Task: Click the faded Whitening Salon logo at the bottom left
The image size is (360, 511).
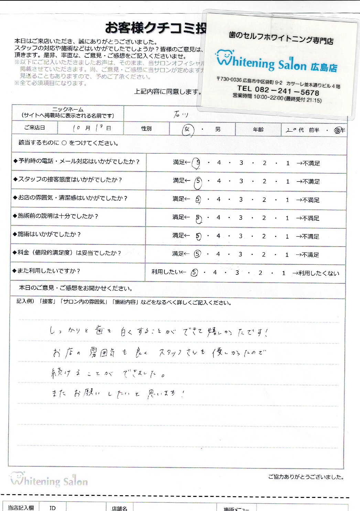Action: click(x=49, y=480)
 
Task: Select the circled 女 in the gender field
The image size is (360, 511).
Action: click(x=187, y=130)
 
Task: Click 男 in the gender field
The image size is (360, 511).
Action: click(x=218, y=129)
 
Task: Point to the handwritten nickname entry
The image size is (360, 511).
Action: click(x=181, y=114)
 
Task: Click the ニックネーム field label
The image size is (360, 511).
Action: click(x=68, y=112)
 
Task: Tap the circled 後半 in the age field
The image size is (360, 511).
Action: click(x=339, y=130)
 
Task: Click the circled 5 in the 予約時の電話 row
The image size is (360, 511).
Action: click(x=197, y=163)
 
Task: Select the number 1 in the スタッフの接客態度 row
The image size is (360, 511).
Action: click(x=287, y=182)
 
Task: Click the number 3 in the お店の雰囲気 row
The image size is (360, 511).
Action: click(x=241, y=199)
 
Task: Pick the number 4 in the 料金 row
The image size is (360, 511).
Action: click(x=218, y=254)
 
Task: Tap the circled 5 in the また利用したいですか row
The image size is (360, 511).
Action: click(x=194, y=273)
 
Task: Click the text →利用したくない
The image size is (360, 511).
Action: click(x=316, y=273)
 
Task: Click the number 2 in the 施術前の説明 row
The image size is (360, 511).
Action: click(x=264, y=218)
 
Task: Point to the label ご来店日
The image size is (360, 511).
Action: click(x=35, y=128)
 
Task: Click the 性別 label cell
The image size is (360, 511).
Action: click(x=146, y=129)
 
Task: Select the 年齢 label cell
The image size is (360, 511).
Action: click(x=258, y=129)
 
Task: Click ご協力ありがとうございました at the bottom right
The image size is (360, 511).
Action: click(x=306, y=477)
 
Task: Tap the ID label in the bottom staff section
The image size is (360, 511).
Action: click(x=52, y=508)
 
